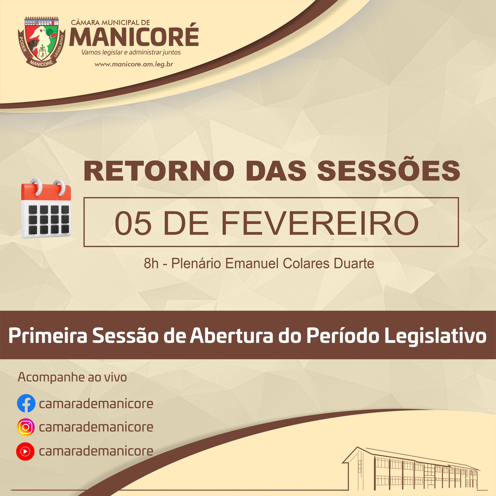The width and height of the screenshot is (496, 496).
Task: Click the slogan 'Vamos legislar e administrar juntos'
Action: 131,52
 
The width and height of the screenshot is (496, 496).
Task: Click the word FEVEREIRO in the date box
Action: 320,223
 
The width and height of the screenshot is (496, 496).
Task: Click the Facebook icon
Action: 26,403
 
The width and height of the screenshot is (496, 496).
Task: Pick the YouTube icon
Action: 25,451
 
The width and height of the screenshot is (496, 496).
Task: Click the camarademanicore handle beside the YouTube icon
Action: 96,451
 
